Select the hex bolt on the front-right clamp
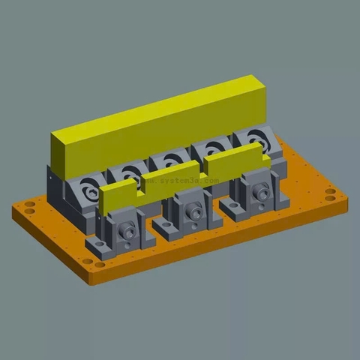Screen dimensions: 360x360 [x=261, y=194]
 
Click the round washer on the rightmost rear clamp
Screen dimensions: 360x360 [x=256, y=140]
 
